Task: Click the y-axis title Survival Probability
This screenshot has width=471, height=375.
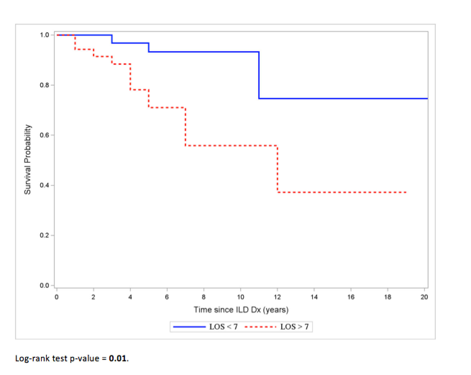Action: [28, 159]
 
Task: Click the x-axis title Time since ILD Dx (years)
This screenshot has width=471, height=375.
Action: [241, 310]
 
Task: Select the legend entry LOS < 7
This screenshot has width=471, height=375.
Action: [223, 327]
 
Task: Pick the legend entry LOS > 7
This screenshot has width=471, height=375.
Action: [294, 327]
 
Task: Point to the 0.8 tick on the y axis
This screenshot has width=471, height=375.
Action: [45, 85]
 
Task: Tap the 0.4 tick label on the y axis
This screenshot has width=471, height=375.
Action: [45, 185]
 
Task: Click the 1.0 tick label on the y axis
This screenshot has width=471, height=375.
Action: [45, 35]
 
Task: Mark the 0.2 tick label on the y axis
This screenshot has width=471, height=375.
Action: [45, 235]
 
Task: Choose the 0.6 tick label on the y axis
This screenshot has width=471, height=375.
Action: [45, 135]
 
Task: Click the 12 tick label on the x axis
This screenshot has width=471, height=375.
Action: [277, 297]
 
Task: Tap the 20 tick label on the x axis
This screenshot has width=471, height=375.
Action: [424, 297]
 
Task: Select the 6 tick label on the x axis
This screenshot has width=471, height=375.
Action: [167, 297]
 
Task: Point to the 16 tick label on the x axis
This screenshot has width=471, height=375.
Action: [351, 297]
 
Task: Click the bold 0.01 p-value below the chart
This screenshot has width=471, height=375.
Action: [118, 358]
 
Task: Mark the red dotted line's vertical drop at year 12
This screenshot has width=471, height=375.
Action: [277, 169]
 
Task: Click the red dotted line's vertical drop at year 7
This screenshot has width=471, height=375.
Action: [185, 126]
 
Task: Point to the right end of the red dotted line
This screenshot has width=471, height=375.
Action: [406, 192]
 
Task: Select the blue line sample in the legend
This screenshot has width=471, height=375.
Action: [189, 327]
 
